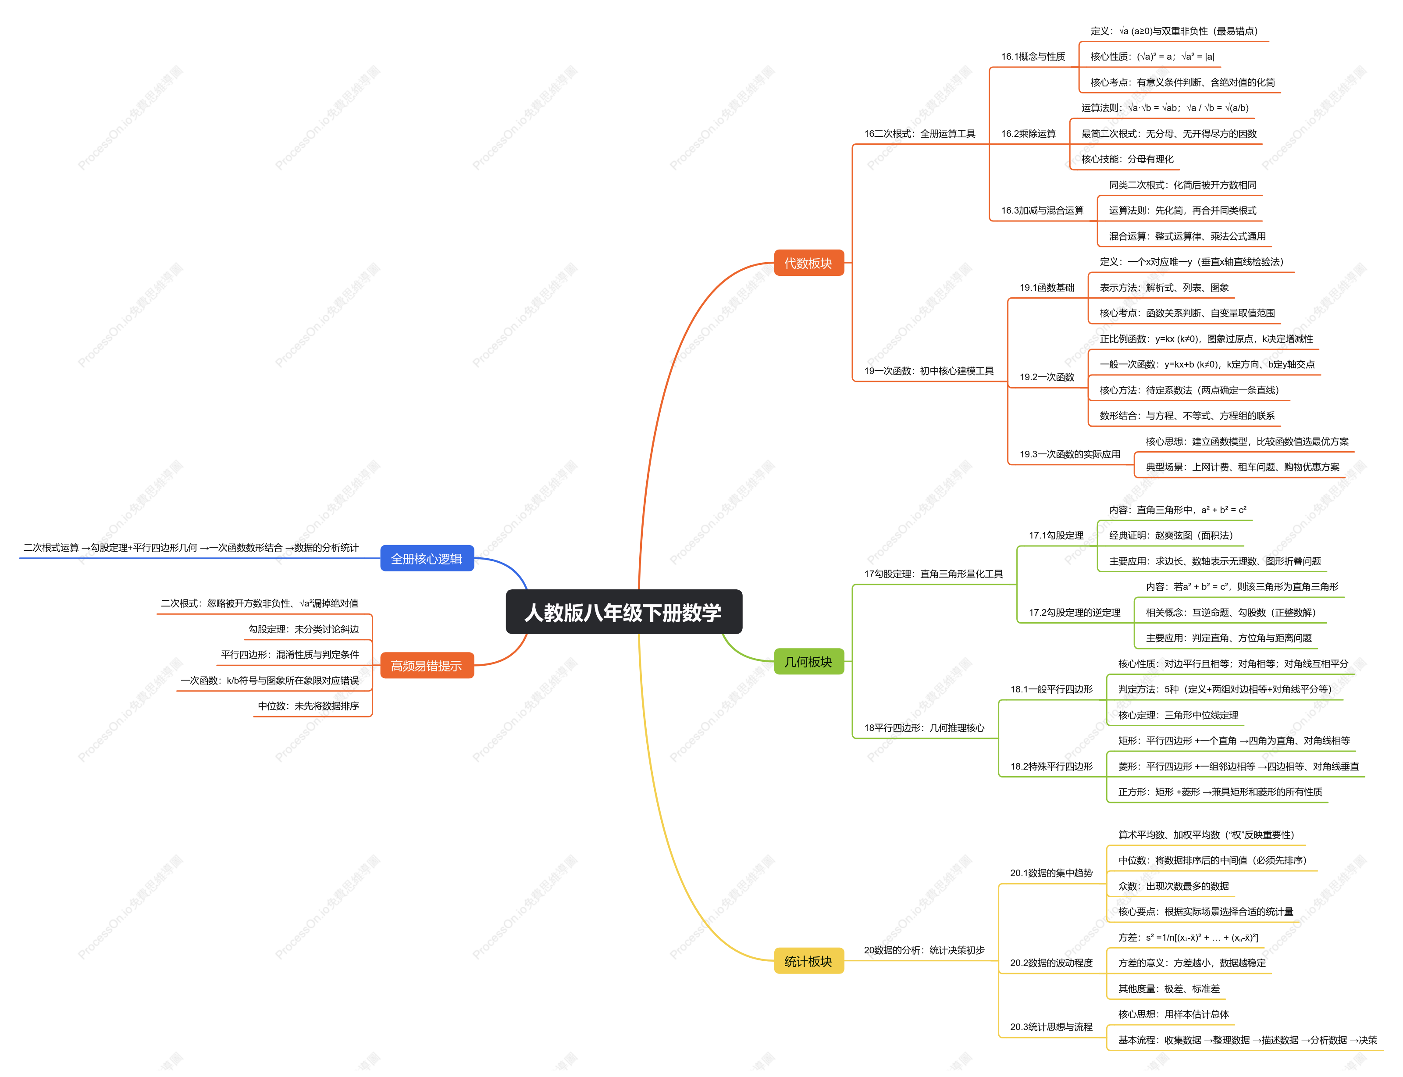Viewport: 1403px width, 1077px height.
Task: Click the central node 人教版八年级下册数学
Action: click(x=623, y=612)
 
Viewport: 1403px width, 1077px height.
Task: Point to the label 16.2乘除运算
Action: click(x=1029, y=133)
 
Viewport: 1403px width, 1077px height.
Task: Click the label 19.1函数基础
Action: click(x=1047, y=287)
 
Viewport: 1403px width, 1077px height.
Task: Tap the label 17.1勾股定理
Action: click(x=1056, y=535)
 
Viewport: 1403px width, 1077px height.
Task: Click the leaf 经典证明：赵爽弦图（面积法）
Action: click(x=1171, y=535)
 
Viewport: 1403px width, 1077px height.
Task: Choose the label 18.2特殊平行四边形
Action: click(x=1052, y=766)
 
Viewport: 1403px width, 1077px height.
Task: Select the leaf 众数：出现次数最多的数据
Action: click(x=1174, y=886)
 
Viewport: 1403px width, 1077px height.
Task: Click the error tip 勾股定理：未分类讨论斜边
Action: click(x=304, y=629)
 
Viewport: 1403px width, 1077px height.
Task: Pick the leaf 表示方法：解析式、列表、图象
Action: click(x=1164, y=287)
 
